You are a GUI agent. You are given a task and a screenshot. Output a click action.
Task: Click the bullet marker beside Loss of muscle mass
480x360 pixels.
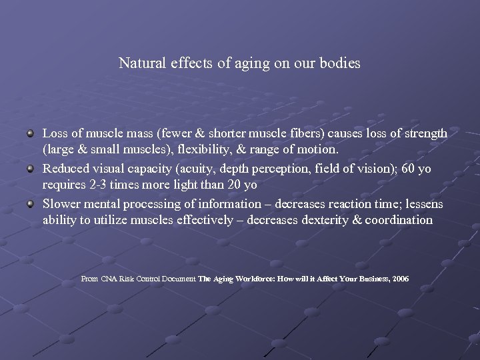[31, 134]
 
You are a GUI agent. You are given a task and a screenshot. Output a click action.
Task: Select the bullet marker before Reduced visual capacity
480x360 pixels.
[31, 169]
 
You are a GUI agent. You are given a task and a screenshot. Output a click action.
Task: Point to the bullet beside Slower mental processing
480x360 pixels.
[31, 203]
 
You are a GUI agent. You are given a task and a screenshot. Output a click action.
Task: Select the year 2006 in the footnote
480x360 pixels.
[401, 279]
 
